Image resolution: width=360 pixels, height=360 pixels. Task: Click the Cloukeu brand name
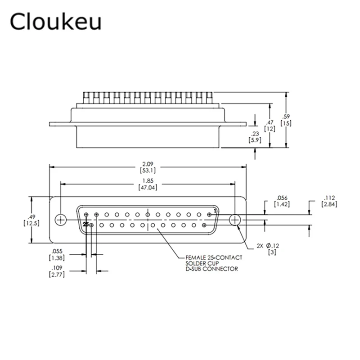[x=56, y=22]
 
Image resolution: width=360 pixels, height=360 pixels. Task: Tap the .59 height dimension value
[x=286, y=116]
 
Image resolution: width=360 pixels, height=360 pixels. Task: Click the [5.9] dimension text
[x=254, y=140]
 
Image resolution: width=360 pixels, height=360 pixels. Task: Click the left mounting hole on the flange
[x=60, y=220]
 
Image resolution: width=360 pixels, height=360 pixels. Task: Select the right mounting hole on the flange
[x=235, y=220]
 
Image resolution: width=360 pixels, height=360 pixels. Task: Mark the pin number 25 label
[x=85, y=224]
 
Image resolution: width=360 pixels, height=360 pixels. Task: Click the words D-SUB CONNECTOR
[x=211, y=269]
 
